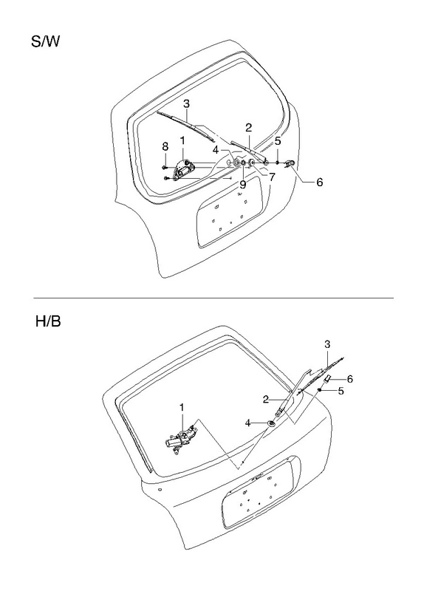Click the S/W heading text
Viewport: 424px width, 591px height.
pyautogui.click(x=45, y=41)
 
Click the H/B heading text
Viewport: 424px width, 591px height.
pyautogui.click(x=48, y=321)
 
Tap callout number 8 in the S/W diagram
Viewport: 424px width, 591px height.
pyautogui.click(x=165, y=146)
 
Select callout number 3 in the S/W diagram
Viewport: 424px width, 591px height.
pyautogui.click(x=187, y=103)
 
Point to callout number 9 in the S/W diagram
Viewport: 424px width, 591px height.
pyautogui.click(x=243, y=185)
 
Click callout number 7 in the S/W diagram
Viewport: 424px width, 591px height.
pyautogui.click(x=272, y=177)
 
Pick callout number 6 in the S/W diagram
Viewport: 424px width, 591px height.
pyautogui.click(x=320, y=182)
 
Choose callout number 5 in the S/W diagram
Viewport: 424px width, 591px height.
pyautogui.click(x=278, y=141)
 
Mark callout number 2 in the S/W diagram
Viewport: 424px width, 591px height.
pyautogui.click(x=248, y=127)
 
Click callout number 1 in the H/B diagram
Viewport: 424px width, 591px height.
pyautogui.click(x=182, y=408)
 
